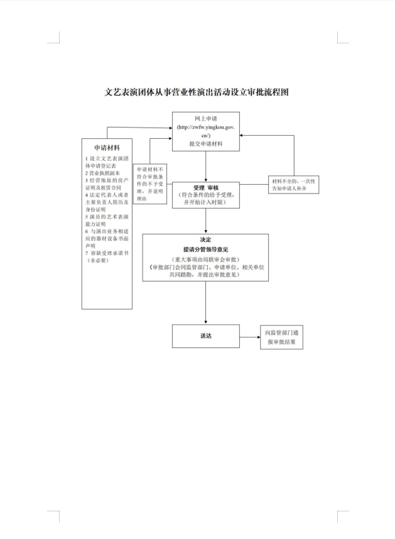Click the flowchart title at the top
pyautogui.click(x=197, y=92)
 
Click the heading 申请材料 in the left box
pyautogui.click(x=107, y=147)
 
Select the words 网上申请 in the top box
pyautogui.click(x=205, y=118)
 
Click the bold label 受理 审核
pyautogui.click(x=206, y=187)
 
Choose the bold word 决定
pyautogui.click(x=205, y=240)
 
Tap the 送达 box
pyautogui.click(x=205, y=335)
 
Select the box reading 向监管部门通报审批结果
pyautogui.click(x=281, y=337)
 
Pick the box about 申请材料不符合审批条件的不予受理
pyautogui.click(x=149, y=184)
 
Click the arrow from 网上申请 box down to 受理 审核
pyautogui.click(x=205, y=166)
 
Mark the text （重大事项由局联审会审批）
pyautogui.click(x=205, y=259)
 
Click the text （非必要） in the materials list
pyautogui.click(x=97, y=260)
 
